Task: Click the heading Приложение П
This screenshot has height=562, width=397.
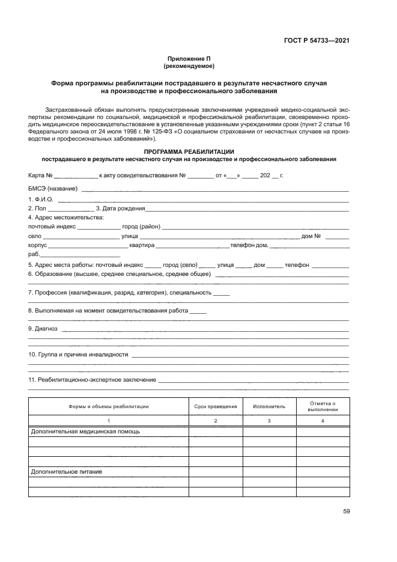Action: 189,58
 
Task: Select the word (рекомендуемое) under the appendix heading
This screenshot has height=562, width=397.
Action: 189,65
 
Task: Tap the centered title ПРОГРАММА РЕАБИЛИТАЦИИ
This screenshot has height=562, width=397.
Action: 189,151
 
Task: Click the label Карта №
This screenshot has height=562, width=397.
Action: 41,176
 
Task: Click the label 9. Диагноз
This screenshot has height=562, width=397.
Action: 43,329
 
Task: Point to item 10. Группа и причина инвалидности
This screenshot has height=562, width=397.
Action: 78,355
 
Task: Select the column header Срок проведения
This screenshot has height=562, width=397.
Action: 216,406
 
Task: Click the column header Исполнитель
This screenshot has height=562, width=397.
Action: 269,406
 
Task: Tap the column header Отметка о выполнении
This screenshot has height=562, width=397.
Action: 323,406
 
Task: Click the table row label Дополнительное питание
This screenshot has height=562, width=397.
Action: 66,472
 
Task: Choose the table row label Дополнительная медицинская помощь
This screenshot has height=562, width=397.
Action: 85,432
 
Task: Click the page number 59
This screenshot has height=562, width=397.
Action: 346,512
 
